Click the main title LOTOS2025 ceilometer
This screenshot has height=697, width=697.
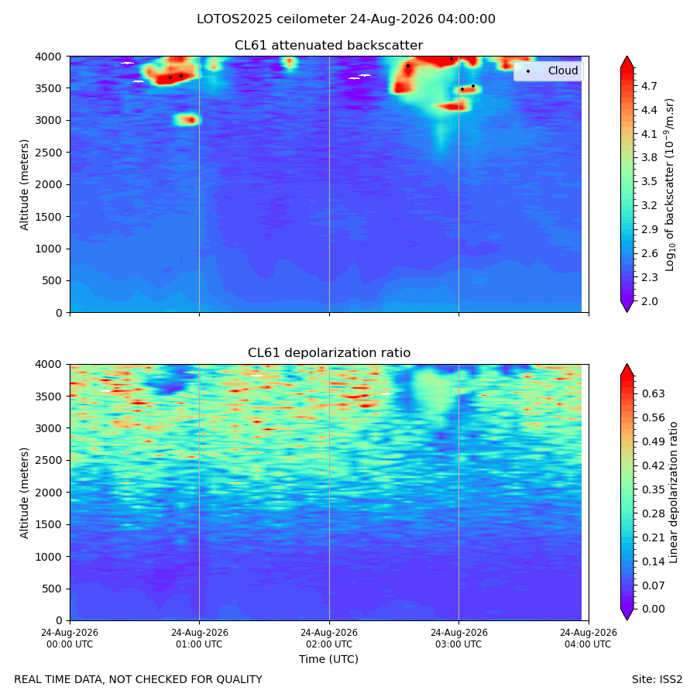pyautogui.click(x=271, y=19)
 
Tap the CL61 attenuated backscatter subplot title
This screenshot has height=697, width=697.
pyautogui.click(x=329, y=46)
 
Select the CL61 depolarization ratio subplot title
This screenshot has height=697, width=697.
pyautogui.click(x=329, y=353)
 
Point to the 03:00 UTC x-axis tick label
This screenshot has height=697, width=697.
pyautogui.click(x=458, y=638)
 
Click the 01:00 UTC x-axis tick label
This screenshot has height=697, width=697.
pyautogui.click(x=199, y=638)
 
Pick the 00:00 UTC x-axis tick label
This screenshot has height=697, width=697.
pyautogui.click(x=70, y=638)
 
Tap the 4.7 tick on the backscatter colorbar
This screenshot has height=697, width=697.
pyautogui.click(x=649, y=86)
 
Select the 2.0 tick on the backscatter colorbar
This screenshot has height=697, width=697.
pyautogui.click(x=649, y=301)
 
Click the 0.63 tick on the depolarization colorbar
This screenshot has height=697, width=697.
pyautogui.click(x=653, y=394)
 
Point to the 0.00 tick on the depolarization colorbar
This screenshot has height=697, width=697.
pyautogui.click(x=653, y=609)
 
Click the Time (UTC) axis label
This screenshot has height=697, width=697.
pyautogui.click(x=328, y=659)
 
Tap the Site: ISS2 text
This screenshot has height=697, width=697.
pyautogui.click(x=657, y=680)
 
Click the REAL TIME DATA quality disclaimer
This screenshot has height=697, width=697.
pyautogui.click(x=139, y=680)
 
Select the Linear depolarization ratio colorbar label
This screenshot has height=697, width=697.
pyautogui.click(x=674, y=493)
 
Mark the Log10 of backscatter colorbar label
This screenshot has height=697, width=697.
pyautogui.click(x=670, y=185)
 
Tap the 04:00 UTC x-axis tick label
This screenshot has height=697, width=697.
pyautogui.click(x=588, y=638)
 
